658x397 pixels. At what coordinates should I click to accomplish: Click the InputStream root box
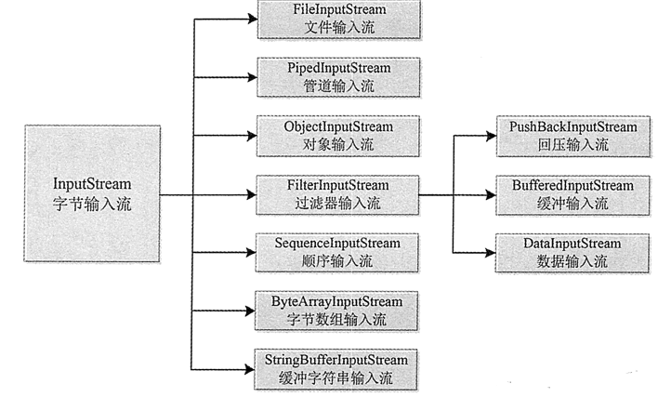(x=92, y=193)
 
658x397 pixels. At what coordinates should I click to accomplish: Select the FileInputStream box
(x=339, y=20)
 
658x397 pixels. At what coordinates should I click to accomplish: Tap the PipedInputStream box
(x=338, y=77)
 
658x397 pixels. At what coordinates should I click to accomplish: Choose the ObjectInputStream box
(x=338, y=136)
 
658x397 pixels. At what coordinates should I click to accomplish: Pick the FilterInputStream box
(x=337, y=194)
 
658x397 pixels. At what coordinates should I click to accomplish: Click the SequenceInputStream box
(x=337, y=253)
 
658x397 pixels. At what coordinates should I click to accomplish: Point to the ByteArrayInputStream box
(x=336, y=311)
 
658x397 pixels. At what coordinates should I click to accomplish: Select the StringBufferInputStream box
(x=336, y=369)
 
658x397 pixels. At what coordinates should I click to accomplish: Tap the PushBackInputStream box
(x=573, y=137)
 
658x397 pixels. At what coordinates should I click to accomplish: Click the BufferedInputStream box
(x=572, y=195)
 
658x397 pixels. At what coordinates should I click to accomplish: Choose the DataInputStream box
(x=572, y=253)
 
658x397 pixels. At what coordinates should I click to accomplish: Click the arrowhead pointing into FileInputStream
(x=253, y=19)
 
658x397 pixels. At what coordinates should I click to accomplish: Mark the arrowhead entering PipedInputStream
(x=252, y=77)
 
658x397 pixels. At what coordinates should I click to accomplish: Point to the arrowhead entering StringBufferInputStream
(x=249, y=369)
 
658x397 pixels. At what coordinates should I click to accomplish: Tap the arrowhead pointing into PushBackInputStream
(x=491, y=136)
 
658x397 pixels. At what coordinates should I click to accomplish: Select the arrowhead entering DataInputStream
(x=490, y=253)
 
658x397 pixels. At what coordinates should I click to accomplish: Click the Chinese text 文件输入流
(x=339, y=28)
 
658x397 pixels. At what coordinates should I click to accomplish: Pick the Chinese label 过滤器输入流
(x=337, y=203)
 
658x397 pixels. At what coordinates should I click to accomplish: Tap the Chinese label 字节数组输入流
(x=336, y=320)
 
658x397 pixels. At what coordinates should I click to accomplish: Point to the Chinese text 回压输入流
(x=573, y=145)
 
